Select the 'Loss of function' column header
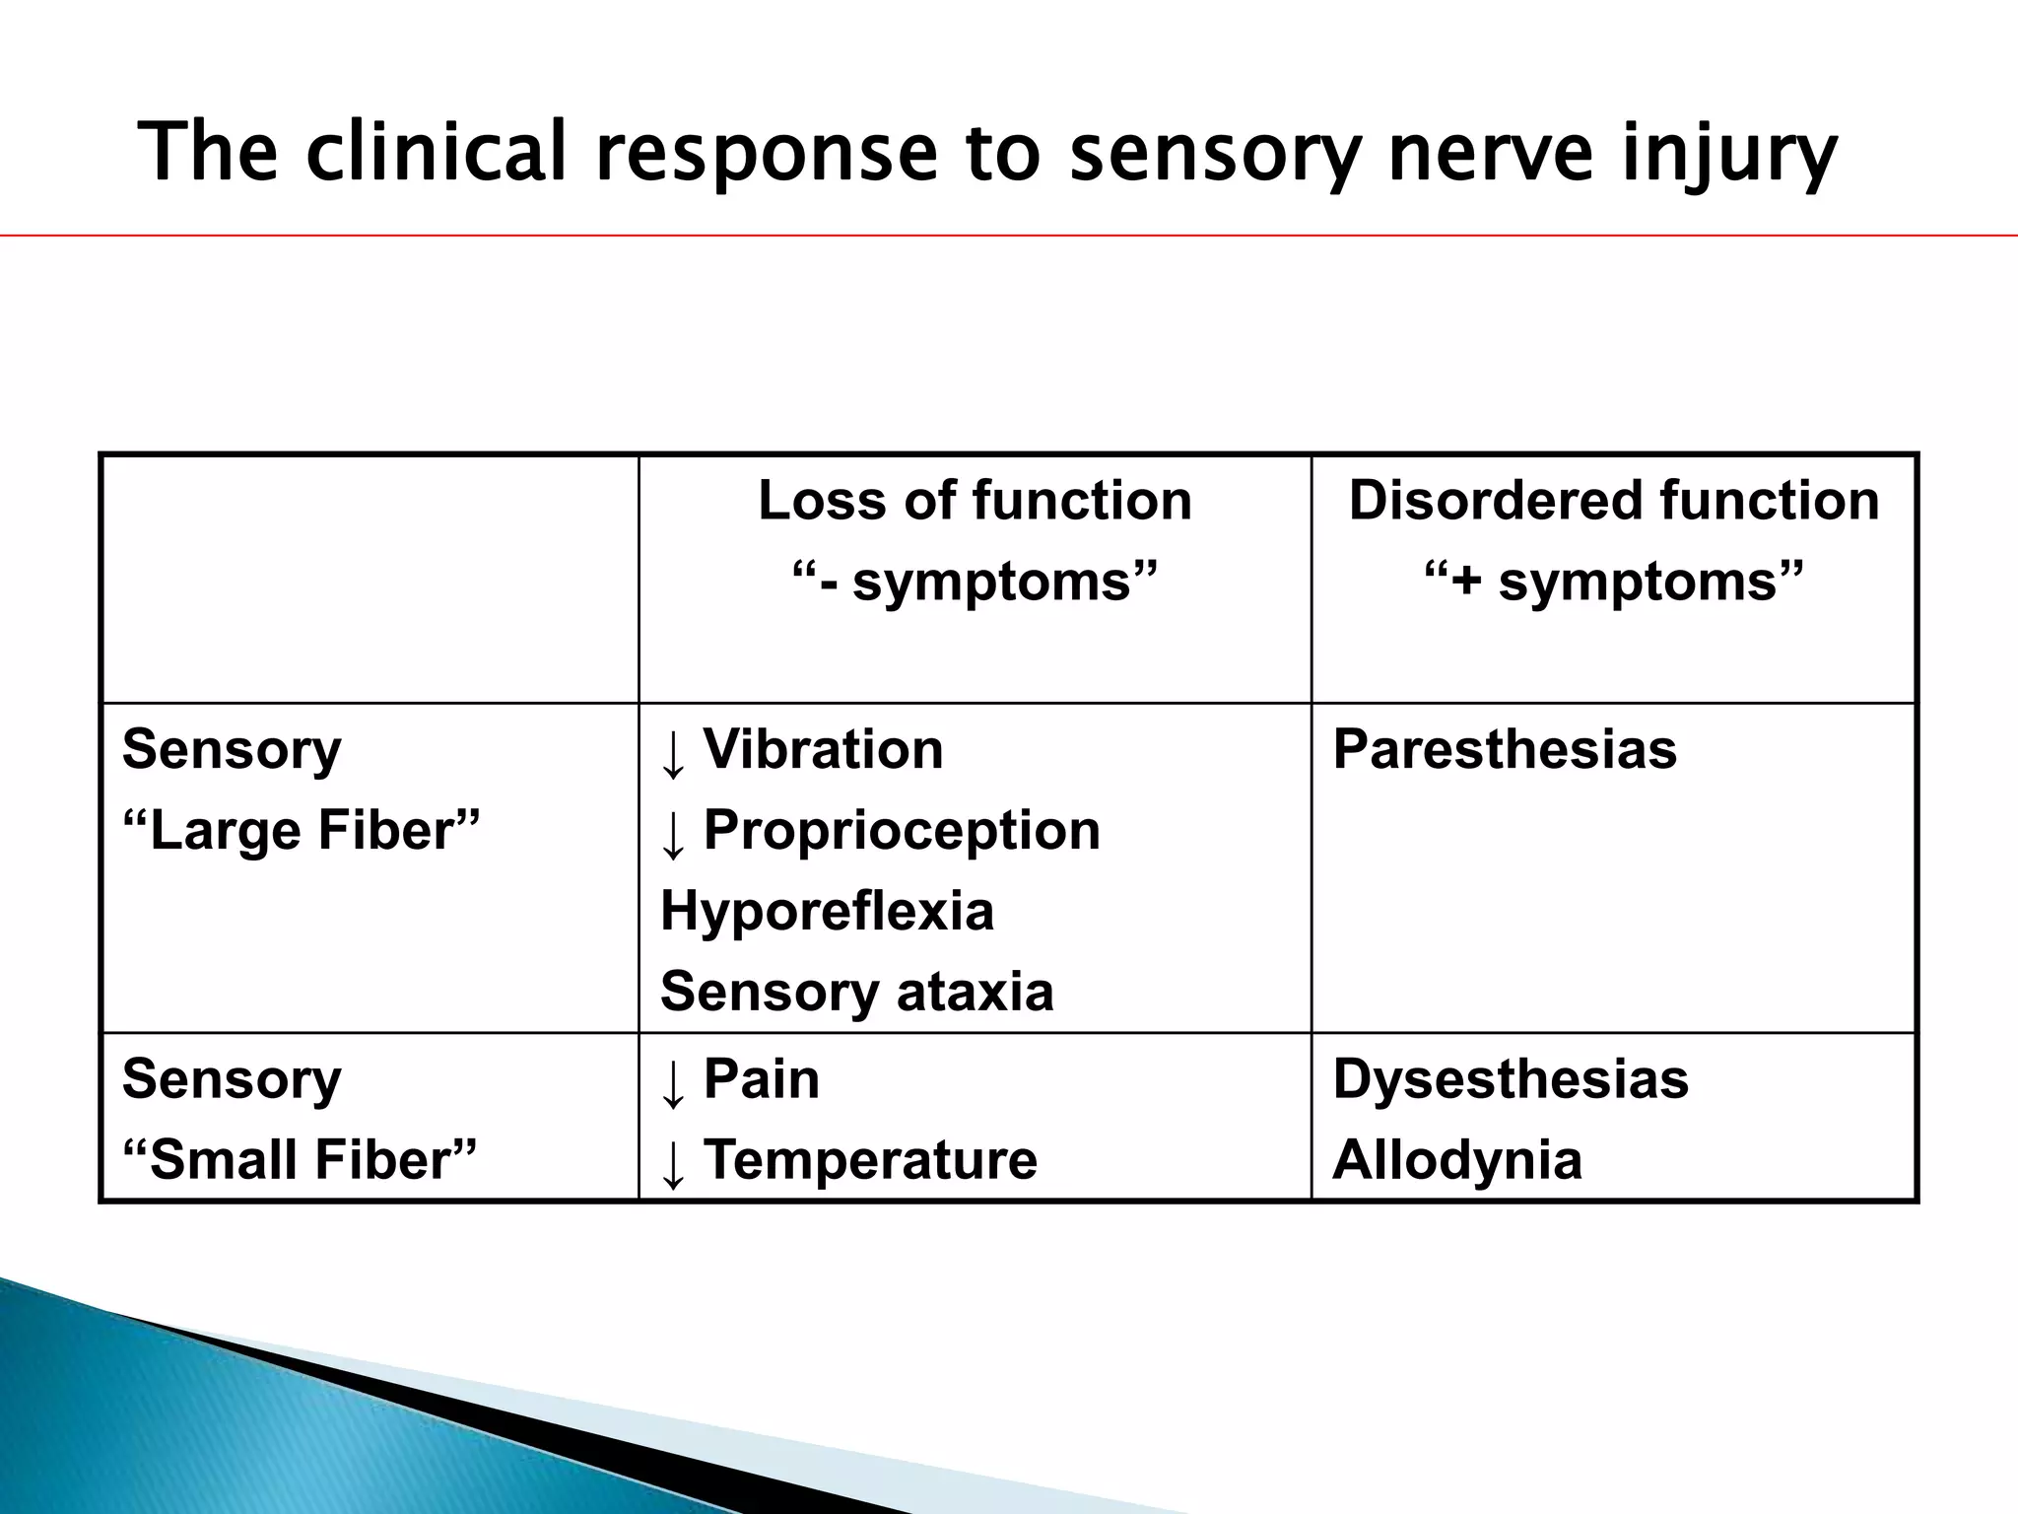(975, 500)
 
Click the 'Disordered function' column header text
(1613, 500)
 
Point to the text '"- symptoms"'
(975, 581)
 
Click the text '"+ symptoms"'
(1613, 581)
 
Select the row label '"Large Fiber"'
(301, 830)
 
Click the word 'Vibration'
(823, 749)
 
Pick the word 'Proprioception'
(902, 830)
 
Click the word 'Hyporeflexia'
(827, 910)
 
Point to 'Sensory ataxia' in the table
(856, 991)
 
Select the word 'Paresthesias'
(1504, 749)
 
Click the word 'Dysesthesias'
(1510, 1078)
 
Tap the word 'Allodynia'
(1456, 1159)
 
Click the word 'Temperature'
(870, 1159)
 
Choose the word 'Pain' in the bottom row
(761, 1078)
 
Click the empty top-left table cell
(370, 579)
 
